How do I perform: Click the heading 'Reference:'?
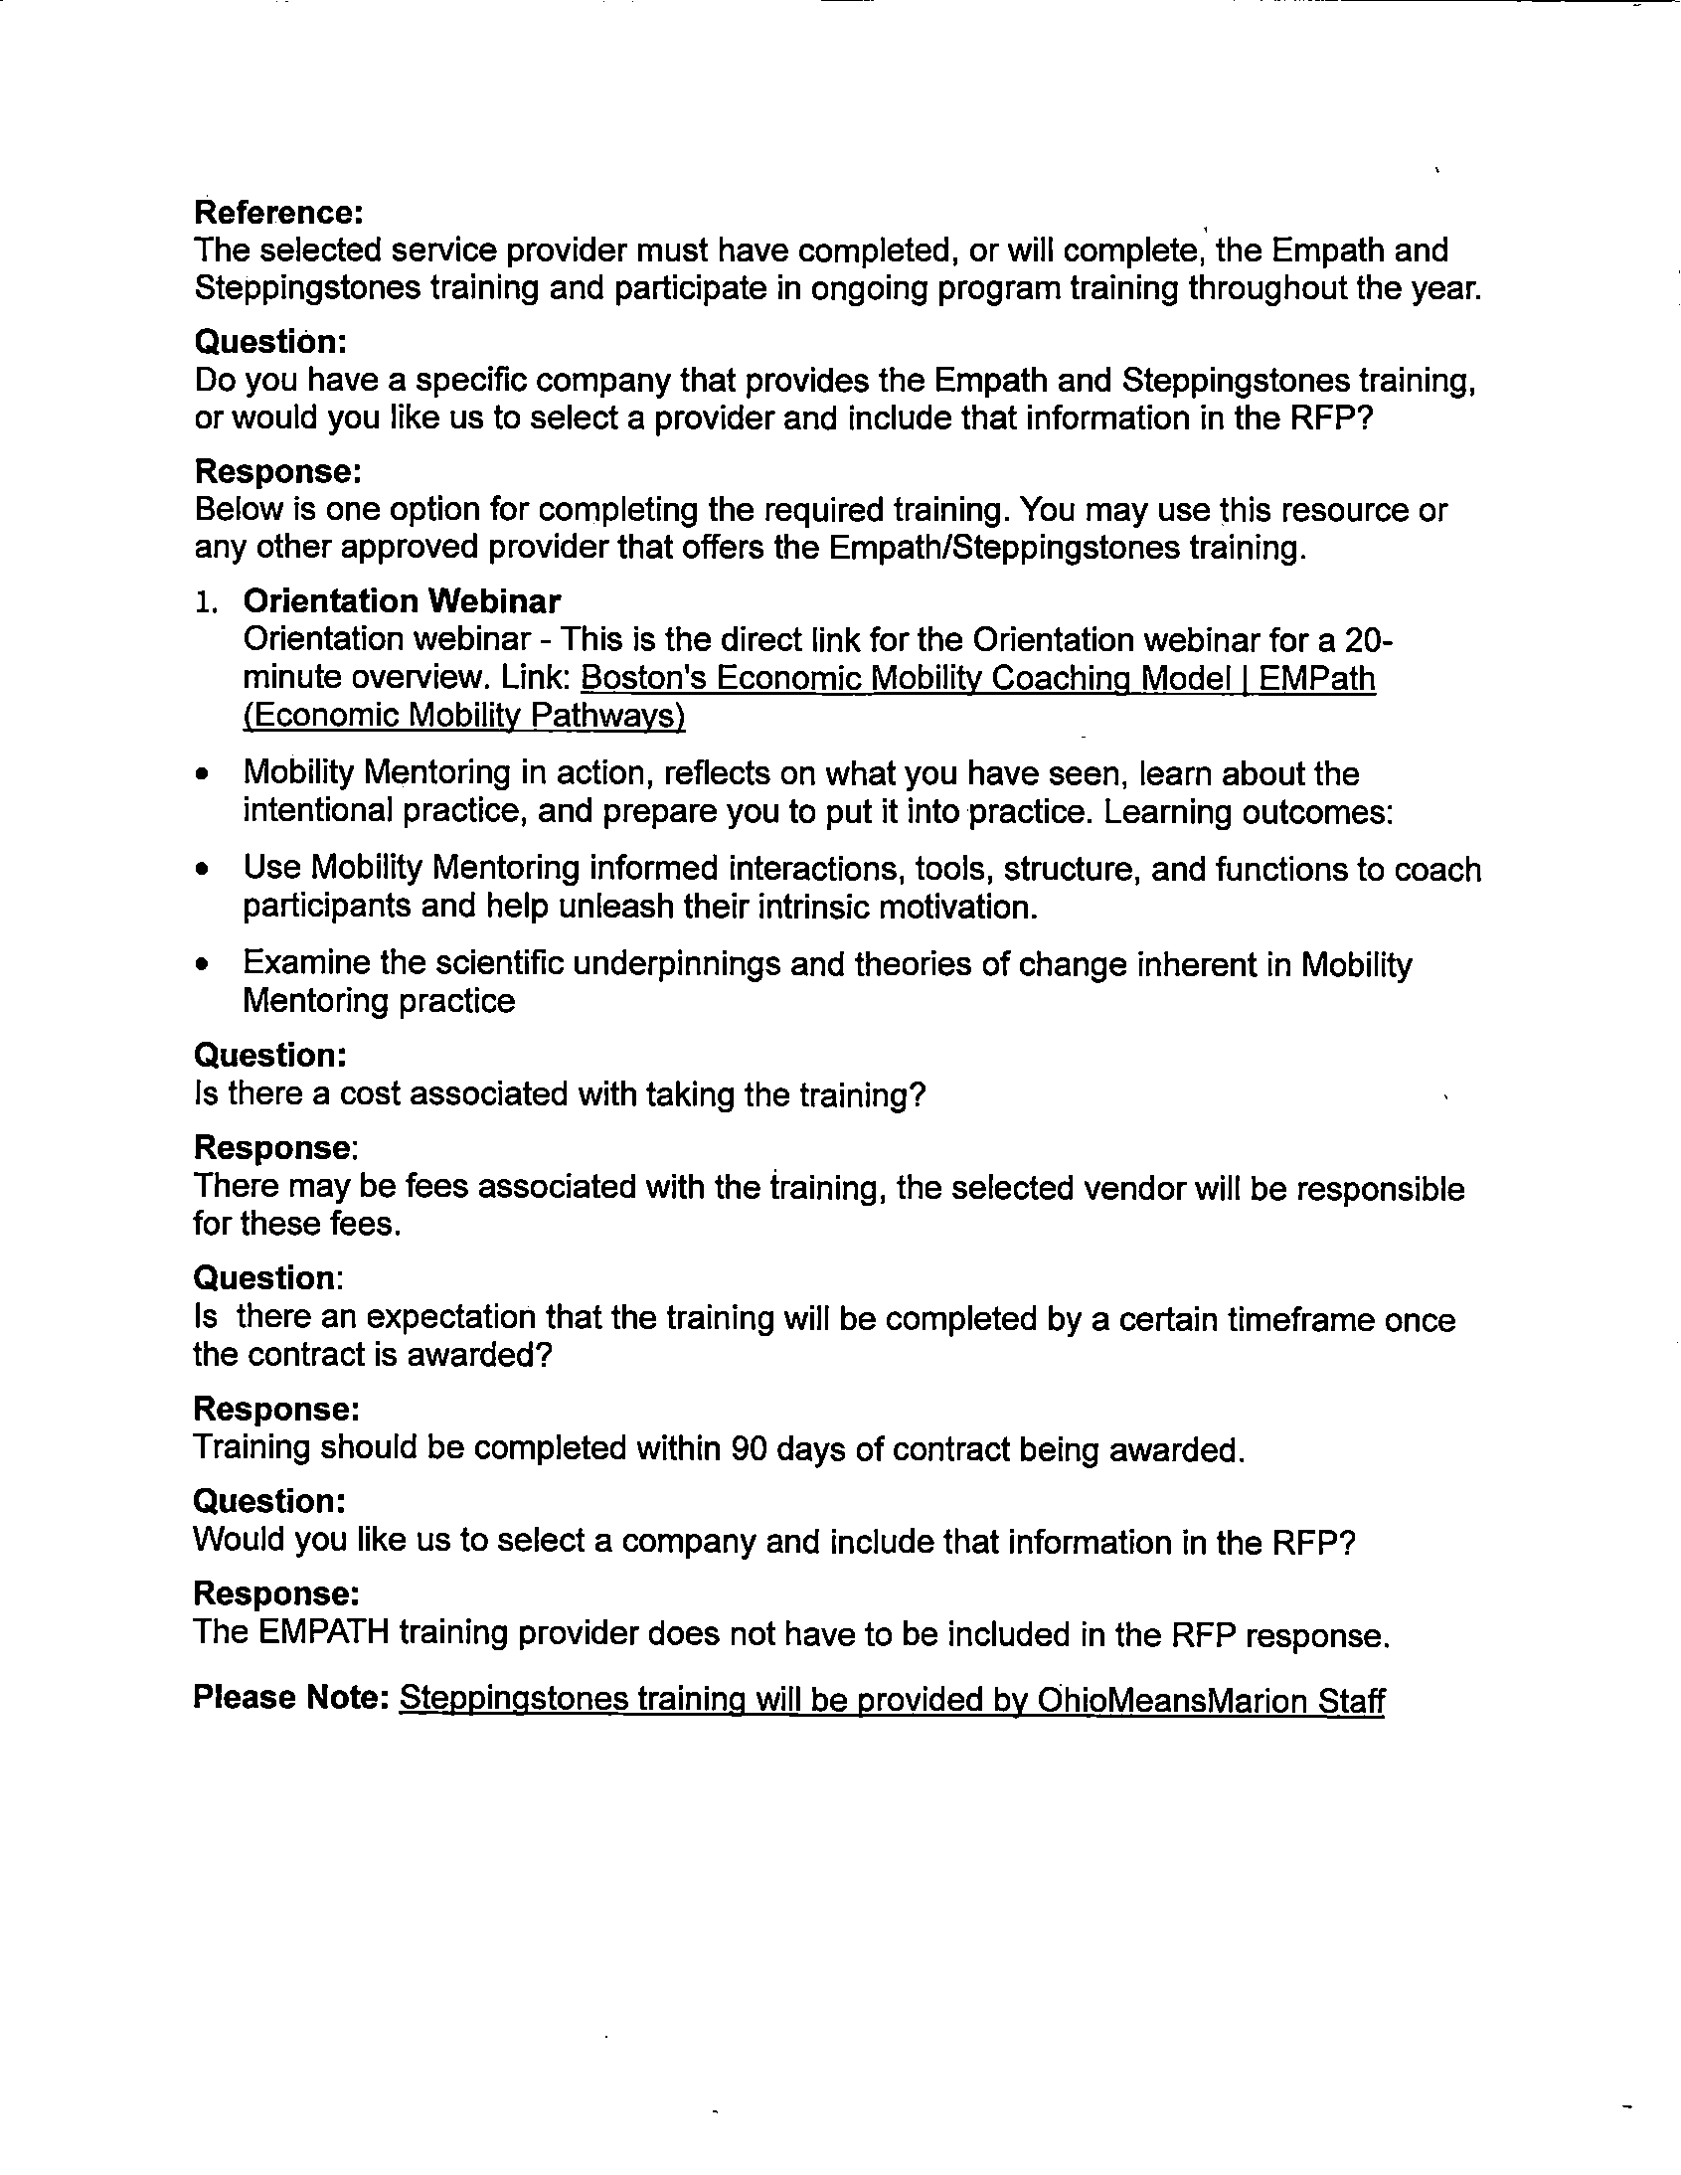point(277,212)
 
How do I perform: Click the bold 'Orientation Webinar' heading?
point(402,600)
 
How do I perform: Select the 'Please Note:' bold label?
point(290,1697)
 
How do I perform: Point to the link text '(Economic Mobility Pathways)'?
point(464,715)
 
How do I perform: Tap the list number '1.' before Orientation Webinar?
point(205,601)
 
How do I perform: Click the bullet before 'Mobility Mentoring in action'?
point(203,773)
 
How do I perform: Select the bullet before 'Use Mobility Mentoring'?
point(203,870)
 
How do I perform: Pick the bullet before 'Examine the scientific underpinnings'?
point(203,964)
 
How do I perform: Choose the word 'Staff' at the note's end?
point(1351,1699)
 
